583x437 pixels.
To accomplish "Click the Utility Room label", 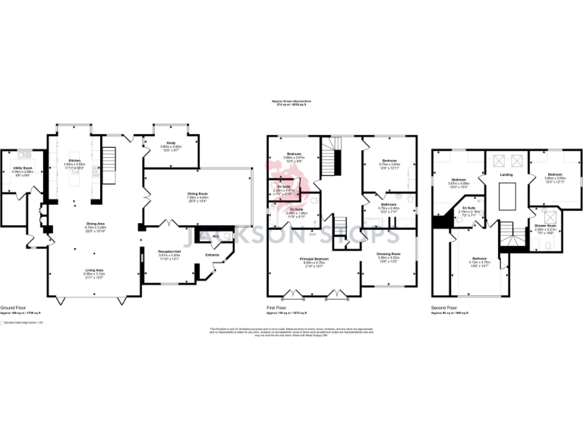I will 21,167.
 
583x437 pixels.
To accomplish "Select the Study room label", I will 172,142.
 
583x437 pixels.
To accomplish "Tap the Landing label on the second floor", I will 506,174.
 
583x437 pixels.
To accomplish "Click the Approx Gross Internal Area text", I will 291,100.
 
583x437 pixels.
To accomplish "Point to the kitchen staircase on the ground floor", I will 110,159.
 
